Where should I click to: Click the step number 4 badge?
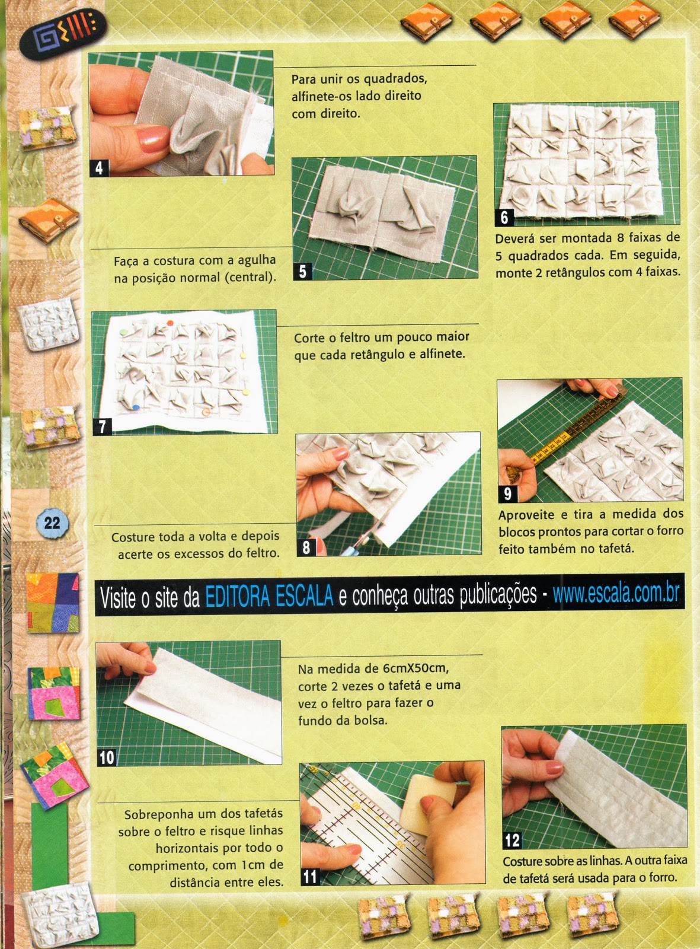98,168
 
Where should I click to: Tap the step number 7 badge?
103,426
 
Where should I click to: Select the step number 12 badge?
512,840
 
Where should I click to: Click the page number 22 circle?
52,522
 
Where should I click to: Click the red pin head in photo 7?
170,323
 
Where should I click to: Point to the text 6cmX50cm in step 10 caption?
414,668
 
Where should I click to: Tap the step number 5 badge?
302,272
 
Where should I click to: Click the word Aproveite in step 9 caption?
526,515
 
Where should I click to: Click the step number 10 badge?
106,757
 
